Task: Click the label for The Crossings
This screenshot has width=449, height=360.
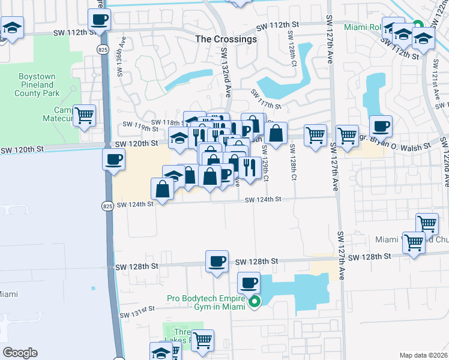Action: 226,39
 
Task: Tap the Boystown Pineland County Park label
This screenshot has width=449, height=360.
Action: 37,85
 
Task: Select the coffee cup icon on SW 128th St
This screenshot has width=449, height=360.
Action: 217,262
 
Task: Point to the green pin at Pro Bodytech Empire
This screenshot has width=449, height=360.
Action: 255,302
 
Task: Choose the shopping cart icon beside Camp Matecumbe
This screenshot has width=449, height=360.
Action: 84,115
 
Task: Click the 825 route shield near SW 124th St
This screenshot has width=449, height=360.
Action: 106,206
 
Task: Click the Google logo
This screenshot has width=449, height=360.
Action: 20,353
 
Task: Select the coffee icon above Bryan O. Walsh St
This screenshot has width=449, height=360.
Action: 381,127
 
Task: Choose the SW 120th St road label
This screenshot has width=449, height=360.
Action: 136,143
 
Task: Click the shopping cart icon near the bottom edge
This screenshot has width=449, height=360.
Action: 203,340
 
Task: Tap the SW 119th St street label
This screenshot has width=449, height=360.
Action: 137,126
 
